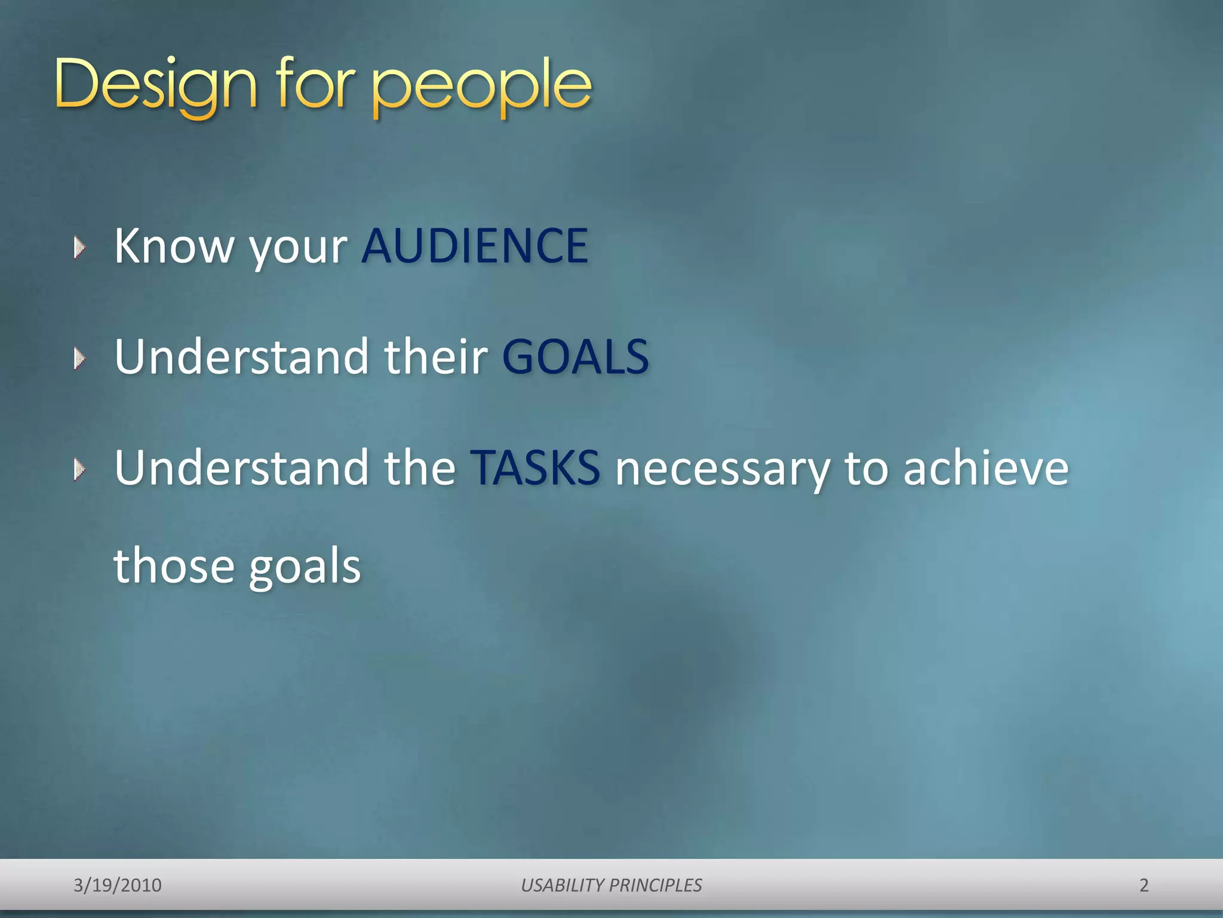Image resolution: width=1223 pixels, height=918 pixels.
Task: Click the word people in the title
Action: pyautogui.click(x=481, y=87)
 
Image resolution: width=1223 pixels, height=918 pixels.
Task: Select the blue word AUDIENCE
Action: pyautogui.click(x=475, y=246)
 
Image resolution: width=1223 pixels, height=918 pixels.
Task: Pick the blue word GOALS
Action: pyautogui.click(x=575, y=357)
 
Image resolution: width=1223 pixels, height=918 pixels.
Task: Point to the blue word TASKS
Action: pyautogui.click(x=535, y=468)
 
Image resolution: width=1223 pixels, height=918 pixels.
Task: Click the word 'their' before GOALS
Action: pyautogui.click(x=436, y=357)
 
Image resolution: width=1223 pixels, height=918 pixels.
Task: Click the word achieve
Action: pyautogui.click(x=985, y=468)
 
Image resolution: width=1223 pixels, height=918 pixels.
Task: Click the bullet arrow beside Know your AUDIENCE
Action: pyautogui.click(x=79, y=247)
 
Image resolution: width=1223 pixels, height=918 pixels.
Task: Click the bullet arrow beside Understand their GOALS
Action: pyautogui.click(x=79, y=359)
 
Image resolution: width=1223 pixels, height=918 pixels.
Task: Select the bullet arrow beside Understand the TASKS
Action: pyautogui.click(x=79, y=470)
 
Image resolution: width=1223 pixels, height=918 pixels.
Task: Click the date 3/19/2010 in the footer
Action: pyautogui.click(x=118, y=885)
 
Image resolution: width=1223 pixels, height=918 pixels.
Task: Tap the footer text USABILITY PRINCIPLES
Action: pyautogui.click(x=611, y=885)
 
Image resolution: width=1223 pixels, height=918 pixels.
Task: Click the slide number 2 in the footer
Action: pyautogui.click(x=1144, y=885)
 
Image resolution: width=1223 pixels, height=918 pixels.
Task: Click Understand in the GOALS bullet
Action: pyautogui.click(x=242, y=357)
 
